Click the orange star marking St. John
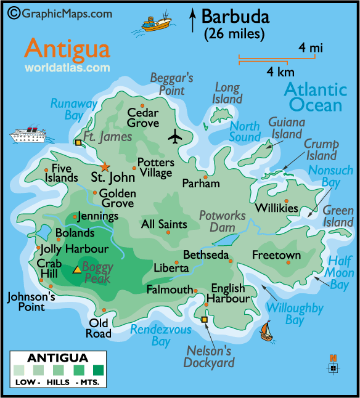tap(105, 167)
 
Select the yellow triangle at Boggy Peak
tap(77, 269)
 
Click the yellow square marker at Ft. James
tap(78, 143)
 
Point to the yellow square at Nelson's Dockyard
tap(205, 319)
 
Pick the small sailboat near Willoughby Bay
tap(266, 331)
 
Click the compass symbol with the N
tap(333, 368)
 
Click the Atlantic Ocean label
tap(313, 97)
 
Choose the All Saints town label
tap(164, 224)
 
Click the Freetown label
tap(276, 255)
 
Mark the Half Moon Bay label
tap(340, 272)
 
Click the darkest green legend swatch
tap(98, 370)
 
